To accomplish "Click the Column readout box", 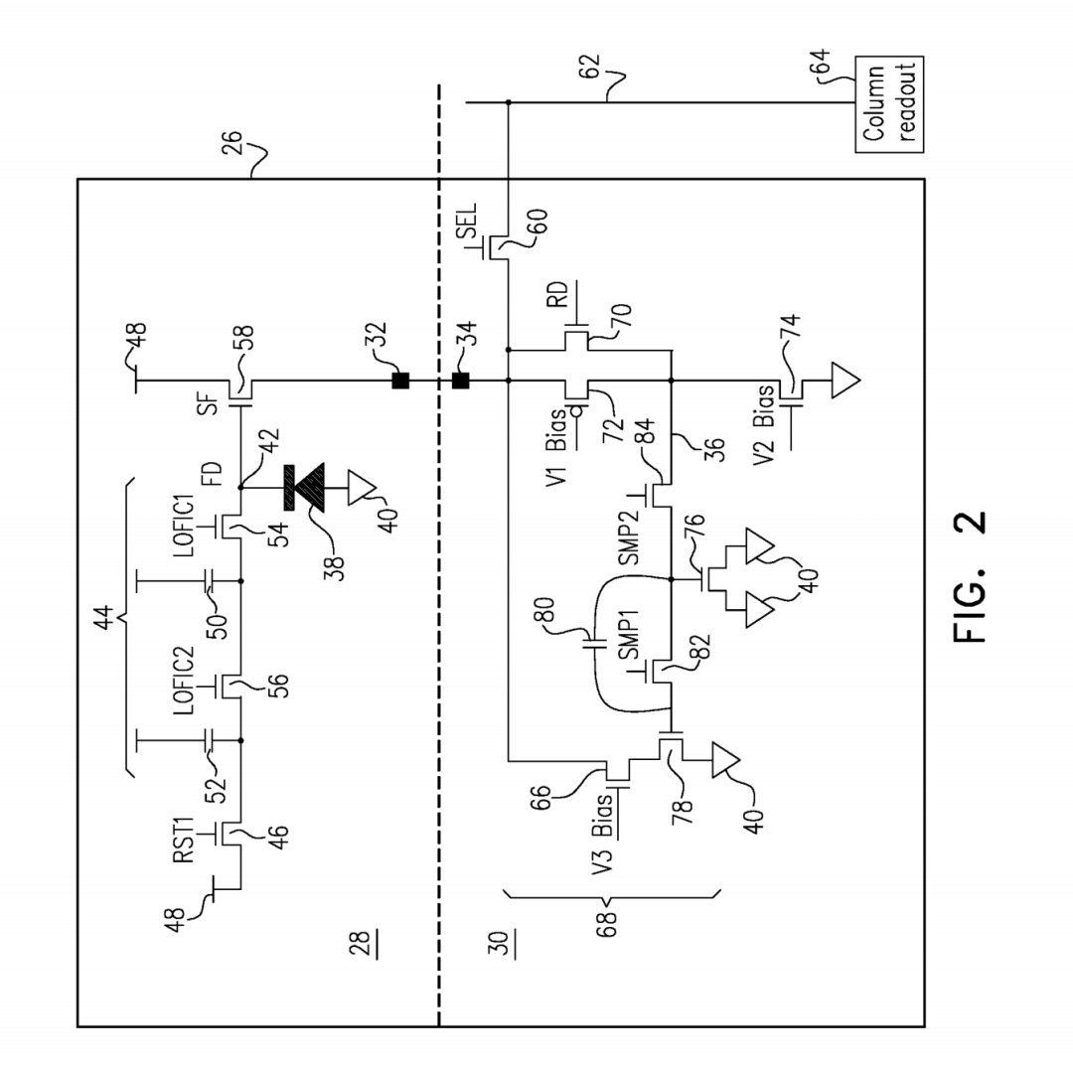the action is click(x=889, y=104).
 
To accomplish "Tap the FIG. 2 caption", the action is click(x=969, y=576).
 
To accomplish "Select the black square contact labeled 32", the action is click(x=400, y=381).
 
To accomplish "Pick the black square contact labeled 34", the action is click(x=461, y=381).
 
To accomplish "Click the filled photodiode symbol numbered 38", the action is click(x=304, y=487).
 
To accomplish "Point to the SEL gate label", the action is click(x=467, y=221).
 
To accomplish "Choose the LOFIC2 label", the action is click(x=183, y=681).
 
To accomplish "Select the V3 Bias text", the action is click(x=601, y=835).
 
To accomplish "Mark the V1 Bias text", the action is click(x=556, y=446).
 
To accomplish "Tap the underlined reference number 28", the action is click(x=364, y=944).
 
